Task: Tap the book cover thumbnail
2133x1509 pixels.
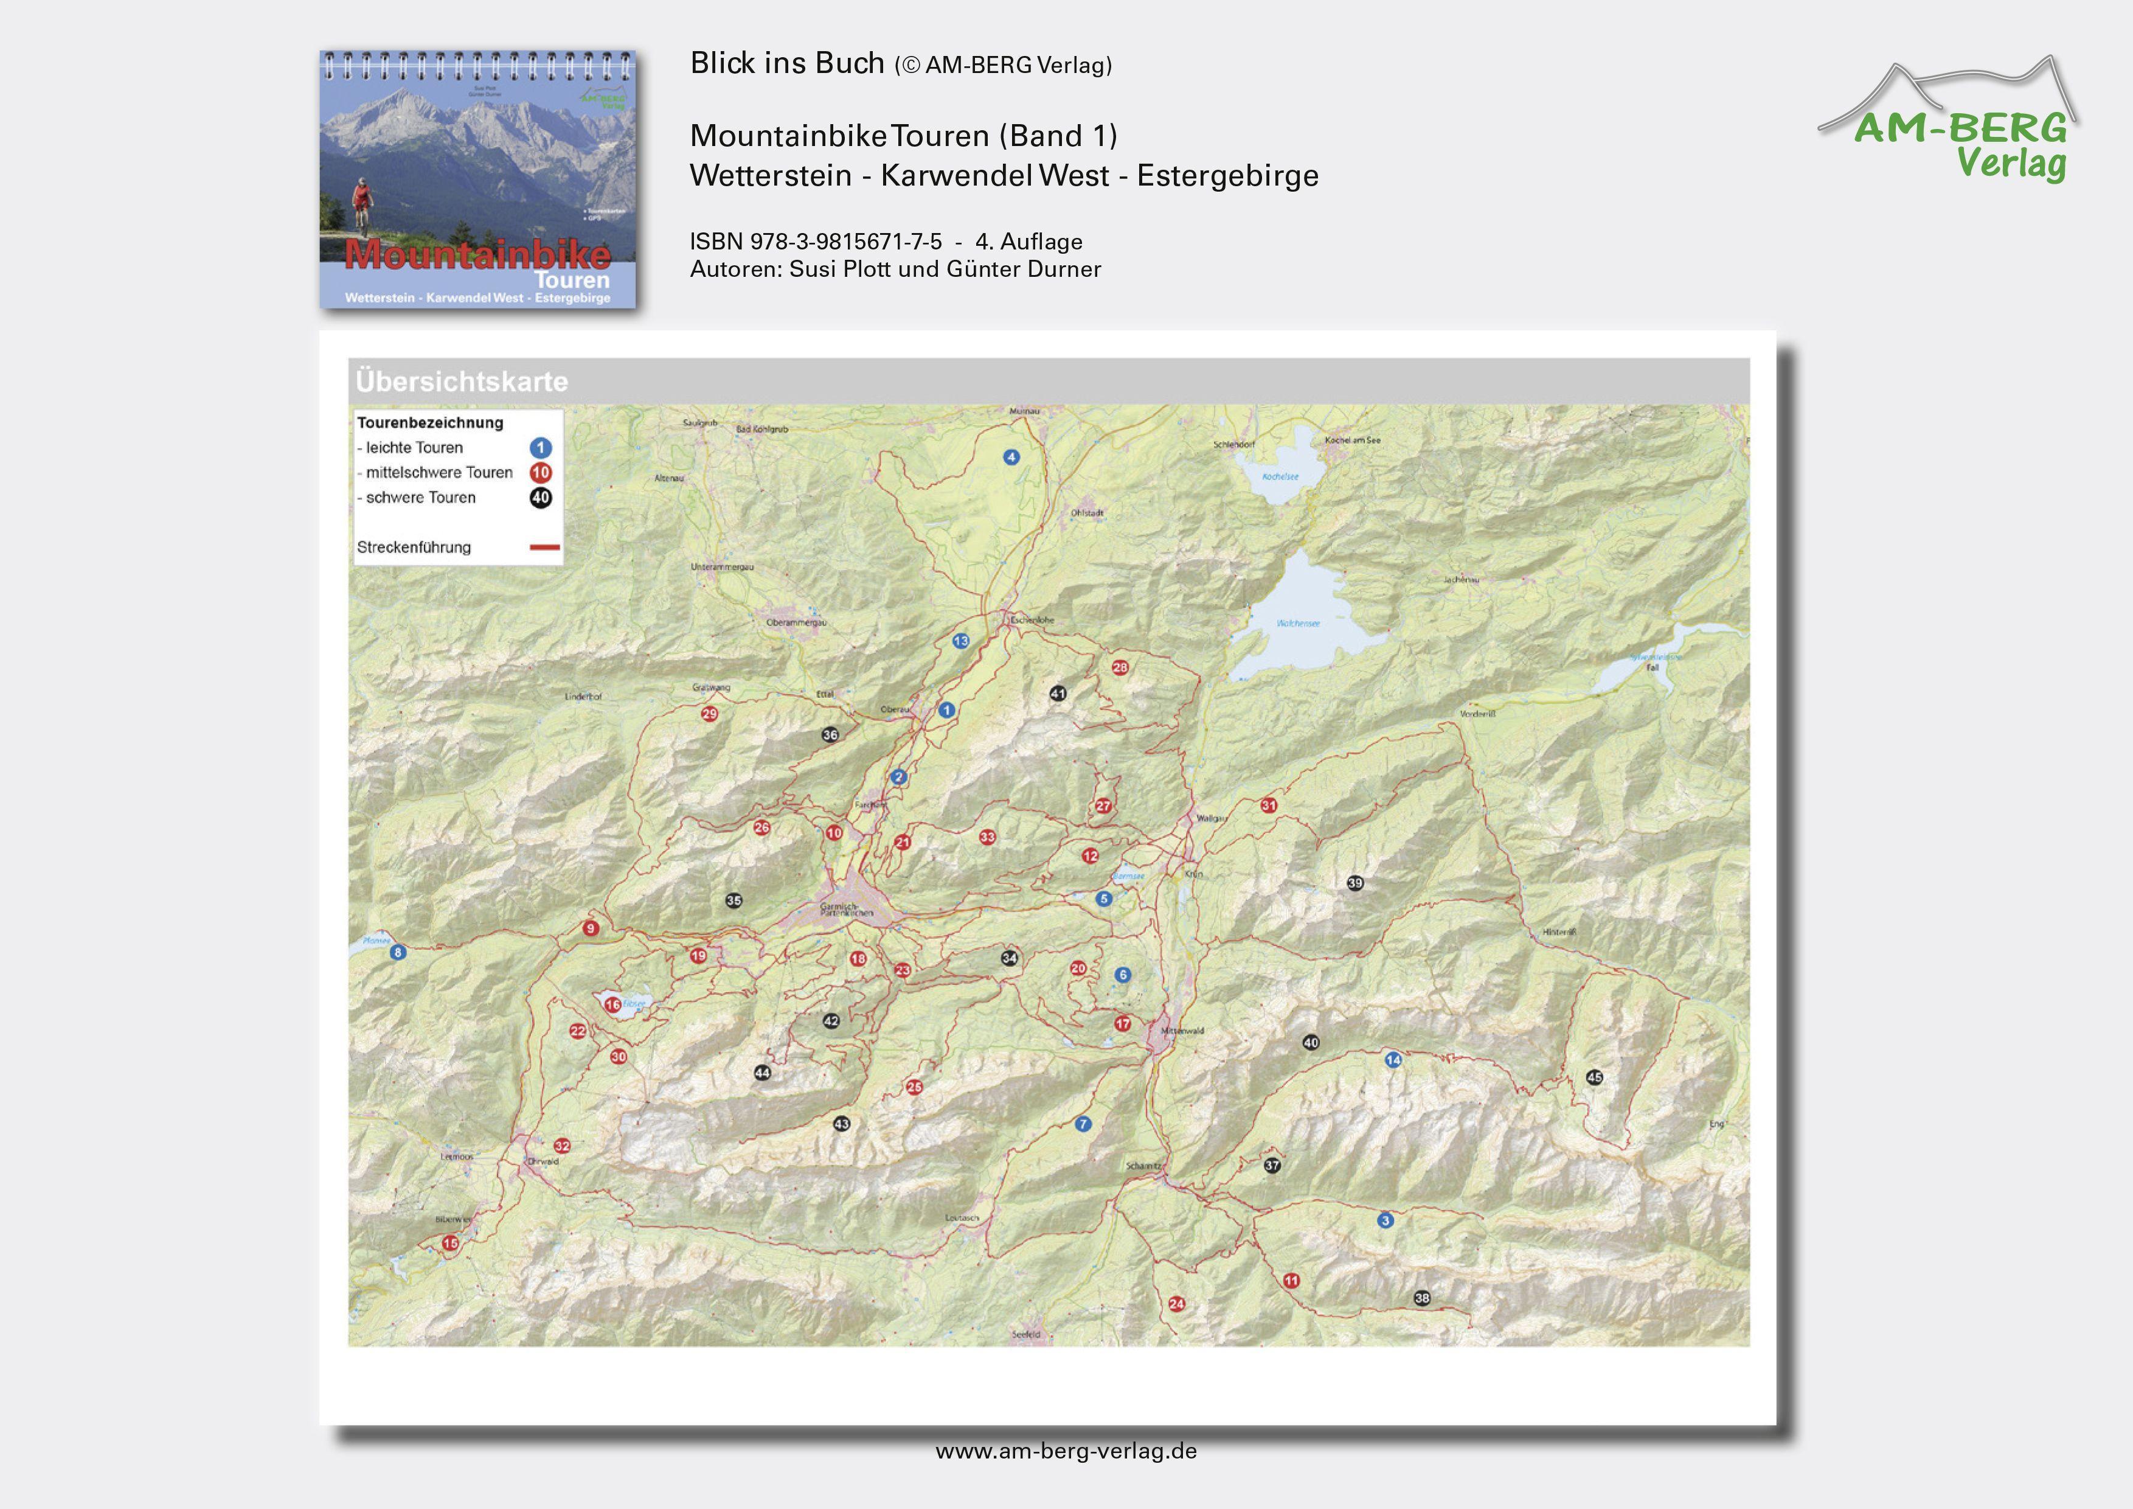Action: point(477,179)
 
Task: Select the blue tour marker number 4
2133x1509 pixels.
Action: point(1011,457)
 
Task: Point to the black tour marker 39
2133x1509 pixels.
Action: point(1354,883)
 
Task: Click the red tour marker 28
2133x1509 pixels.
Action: point(1120,667)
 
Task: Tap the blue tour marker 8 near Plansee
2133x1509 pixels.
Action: point(398,952)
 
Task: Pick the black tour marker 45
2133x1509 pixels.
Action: point(1594,1077)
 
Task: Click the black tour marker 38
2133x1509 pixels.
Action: point(1421,1298)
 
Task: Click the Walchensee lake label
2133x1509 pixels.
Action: point(1298,624)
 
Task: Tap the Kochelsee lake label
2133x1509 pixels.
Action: point(1280,476)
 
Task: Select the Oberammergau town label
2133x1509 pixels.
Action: point(796,622)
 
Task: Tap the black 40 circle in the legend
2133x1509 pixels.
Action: point(541,498)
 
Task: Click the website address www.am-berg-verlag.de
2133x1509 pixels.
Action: point(1066,1451)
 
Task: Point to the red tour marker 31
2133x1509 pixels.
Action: point(1268,806)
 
